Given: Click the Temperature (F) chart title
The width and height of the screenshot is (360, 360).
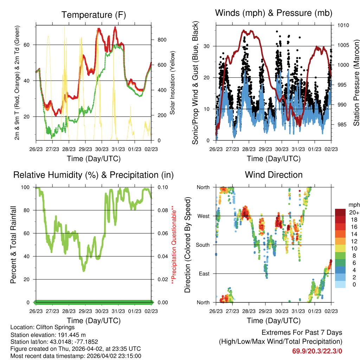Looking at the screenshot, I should point(94,15).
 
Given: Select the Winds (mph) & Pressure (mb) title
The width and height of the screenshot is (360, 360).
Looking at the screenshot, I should point(274,13).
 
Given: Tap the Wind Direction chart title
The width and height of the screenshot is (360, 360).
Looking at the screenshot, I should point(274,175).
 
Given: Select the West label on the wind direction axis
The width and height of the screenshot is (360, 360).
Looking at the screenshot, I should point(203,216).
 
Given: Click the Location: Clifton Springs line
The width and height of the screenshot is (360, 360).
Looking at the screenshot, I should point(42,327).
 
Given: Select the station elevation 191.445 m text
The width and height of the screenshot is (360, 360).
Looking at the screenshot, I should point(48,335).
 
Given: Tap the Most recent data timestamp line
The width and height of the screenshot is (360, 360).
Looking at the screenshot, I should point(76,356).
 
